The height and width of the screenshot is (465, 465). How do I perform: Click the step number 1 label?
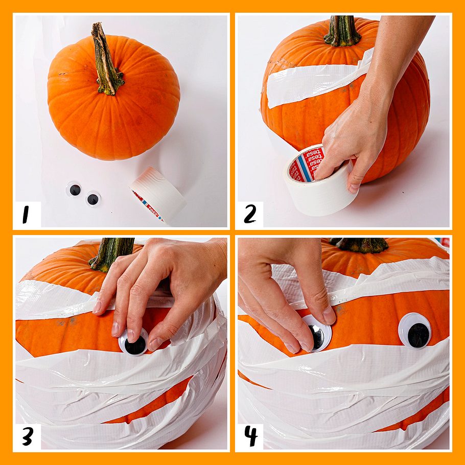coord(26,215)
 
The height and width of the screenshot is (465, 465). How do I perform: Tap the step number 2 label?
coord(250,214)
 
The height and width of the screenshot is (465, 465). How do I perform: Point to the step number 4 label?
coord(251,436)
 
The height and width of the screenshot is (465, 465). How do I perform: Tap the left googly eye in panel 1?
coord(74,190)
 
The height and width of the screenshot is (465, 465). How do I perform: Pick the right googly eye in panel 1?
coord(93,199)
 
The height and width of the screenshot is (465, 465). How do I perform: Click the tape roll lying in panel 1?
coord(157,194)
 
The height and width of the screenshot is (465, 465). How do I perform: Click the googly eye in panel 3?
coord(134,342)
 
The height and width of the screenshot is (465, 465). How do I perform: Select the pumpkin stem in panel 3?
coord(111,253)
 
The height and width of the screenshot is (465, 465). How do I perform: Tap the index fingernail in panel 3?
coord(115,329)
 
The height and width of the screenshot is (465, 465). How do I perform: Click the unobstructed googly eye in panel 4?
coord(414,331)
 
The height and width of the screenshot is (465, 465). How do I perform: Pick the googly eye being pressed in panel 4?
coord(317,334)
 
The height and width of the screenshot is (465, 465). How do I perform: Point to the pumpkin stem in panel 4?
coord(359,245)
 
